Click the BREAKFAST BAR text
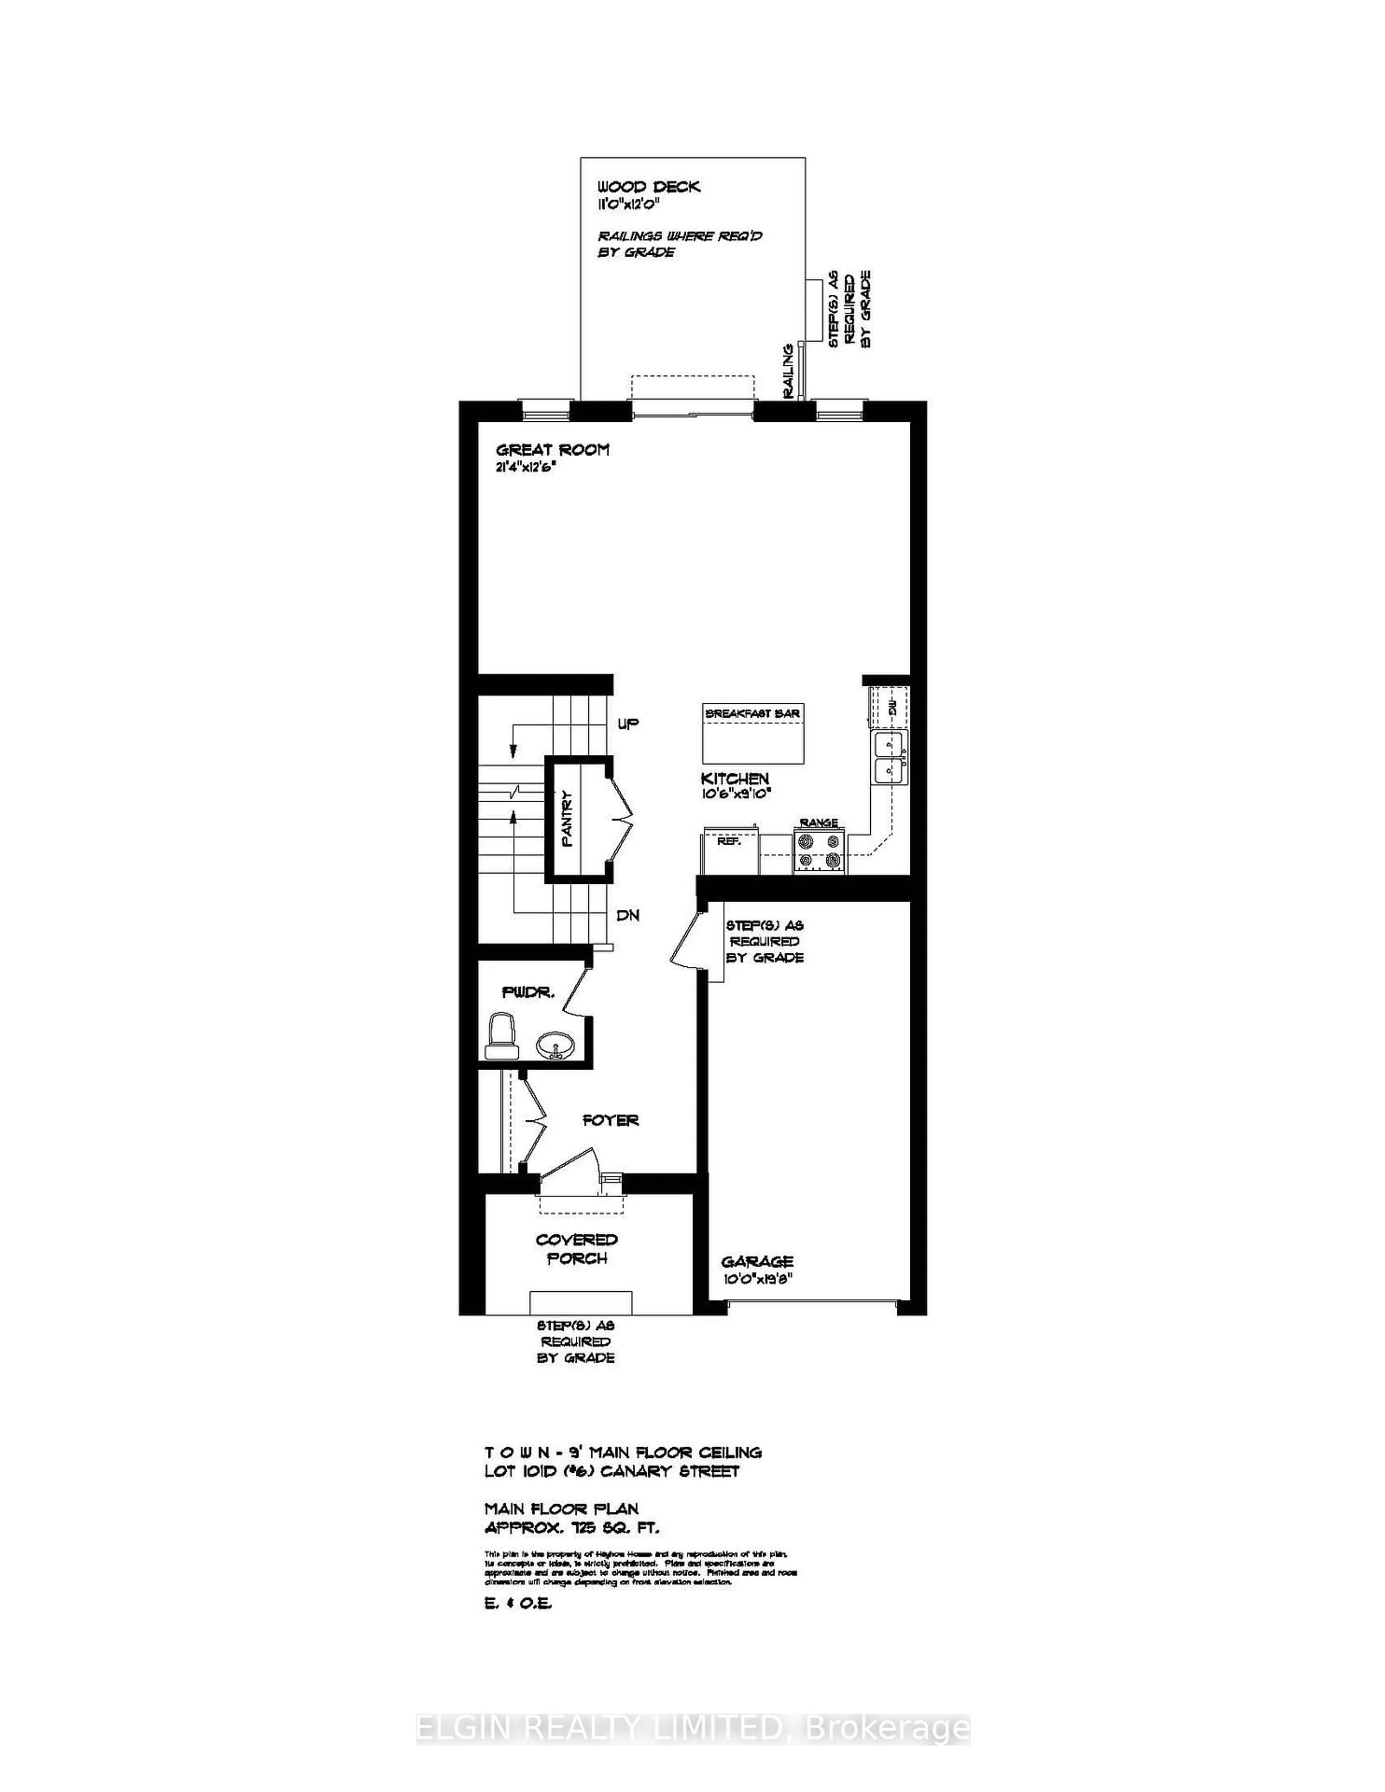click(752, 714)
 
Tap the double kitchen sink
click(889, 758)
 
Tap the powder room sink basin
click(555, 1047)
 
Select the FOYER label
click(611, 1120)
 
